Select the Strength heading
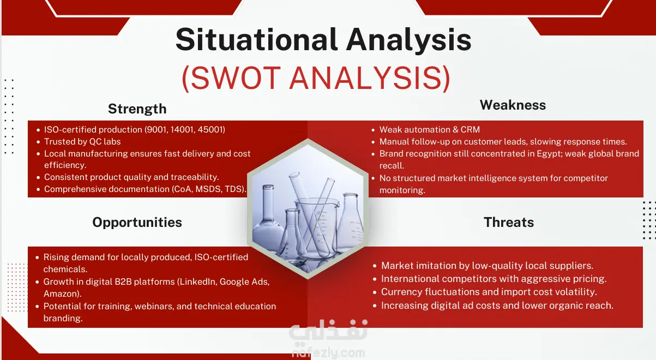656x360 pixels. pos(137,109)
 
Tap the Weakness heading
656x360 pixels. pos(513,105)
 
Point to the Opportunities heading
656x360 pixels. pos(137,223)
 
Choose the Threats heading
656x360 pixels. pos(509,222)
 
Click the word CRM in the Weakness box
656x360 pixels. pos(470,129)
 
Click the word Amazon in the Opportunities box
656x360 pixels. pos(61,293)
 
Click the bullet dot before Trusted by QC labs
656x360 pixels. pos(38,142)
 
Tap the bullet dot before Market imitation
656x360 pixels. pos(375,266)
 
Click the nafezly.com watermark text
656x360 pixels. pos(329,352)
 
